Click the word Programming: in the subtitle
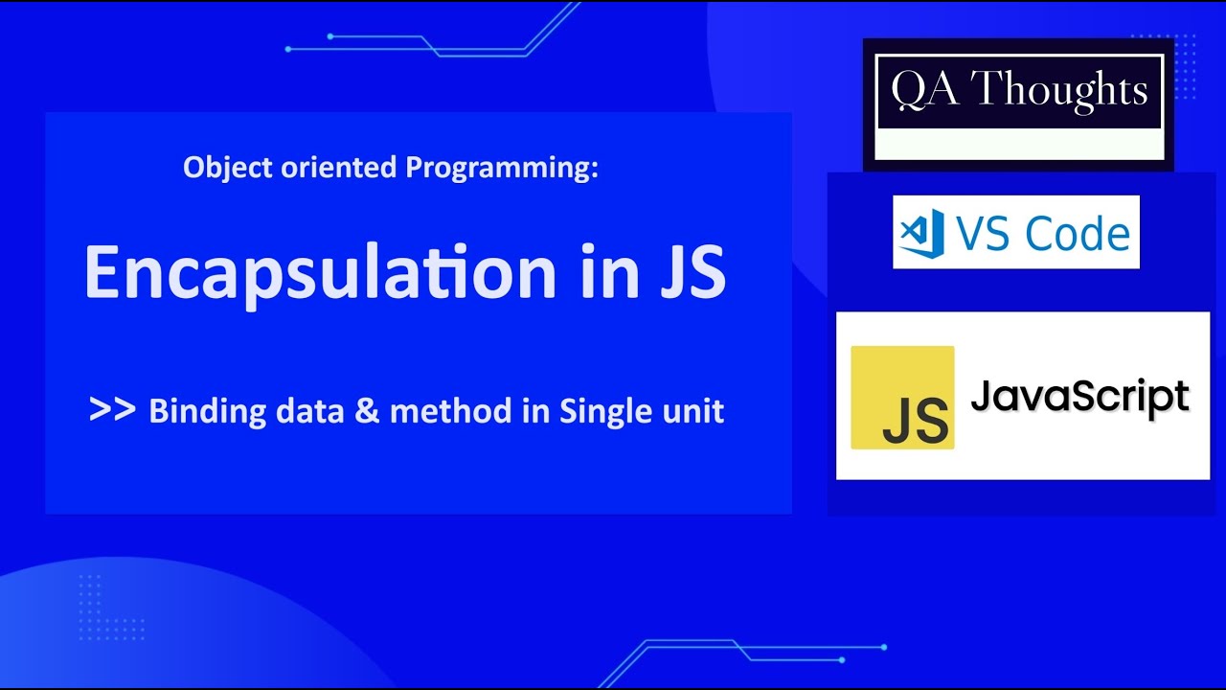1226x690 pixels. [x=502, y=168]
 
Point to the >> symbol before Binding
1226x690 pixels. [x=111, y=410]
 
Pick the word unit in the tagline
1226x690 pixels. [x=692, y=412]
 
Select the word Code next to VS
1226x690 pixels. [x=1077, y=234]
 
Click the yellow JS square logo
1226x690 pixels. [x=902, y=398]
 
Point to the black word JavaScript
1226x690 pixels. [x=1079, y=396]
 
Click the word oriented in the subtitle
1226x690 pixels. [x=333, y=168]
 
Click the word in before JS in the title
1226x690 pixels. [x=605, y=272]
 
